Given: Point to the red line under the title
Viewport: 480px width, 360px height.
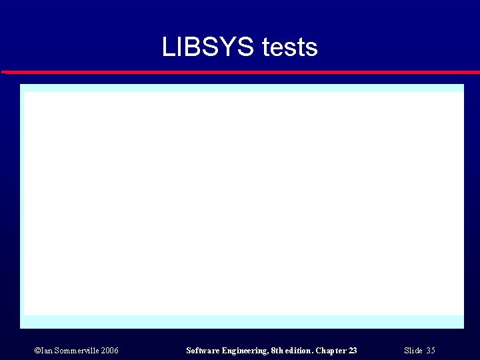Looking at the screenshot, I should [x=240, y=71].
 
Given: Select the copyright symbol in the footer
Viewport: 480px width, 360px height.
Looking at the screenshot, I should [x=37, y=351].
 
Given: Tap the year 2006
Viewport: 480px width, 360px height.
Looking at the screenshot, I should [x=109, y=351].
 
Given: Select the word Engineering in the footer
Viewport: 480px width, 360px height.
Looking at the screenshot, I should [x=245, y=351].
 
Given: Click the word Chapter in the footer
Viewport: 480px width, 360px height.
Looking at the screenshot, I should [x=331, y=351].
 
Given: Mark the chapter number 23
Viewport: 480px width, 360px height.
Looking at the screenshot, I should [x=353, y=351].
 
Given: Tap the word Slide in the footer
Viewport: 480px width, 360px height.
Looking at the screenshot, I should [x=413, y=351].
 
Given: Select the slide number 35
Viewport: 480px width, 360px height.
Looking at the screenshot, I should [x=431, y=351].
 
